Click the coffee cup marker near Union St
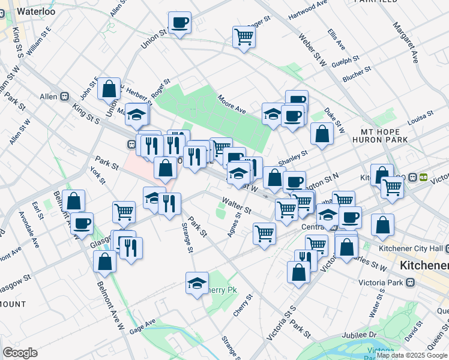179,23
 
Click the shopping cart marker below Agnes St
264,233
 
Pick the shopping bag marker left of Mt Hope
322,134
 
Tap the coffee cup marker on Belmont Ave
82,223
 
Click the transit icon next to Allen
64,96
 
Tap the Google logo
20,353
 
